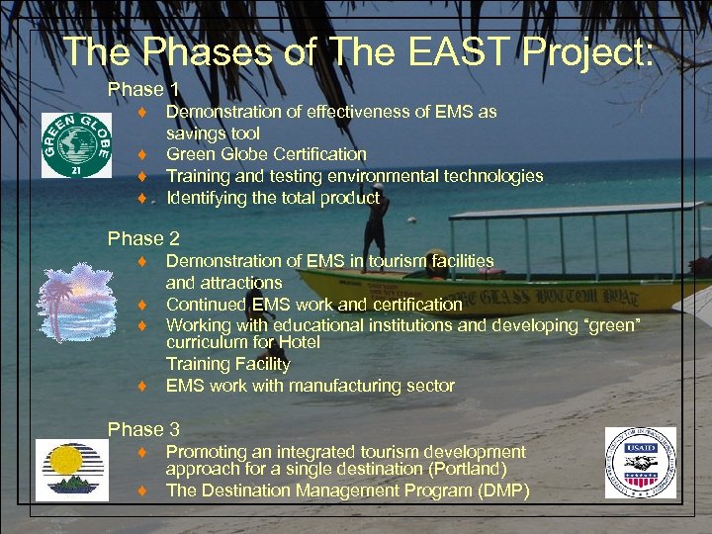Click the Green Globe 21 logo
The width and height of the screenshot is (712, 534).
(x=75, y=145)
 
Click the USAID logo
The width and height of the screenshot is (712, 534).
(x=640, y=463)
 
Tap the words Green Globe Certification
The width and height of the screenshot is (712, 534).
(x=266, y=154)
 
